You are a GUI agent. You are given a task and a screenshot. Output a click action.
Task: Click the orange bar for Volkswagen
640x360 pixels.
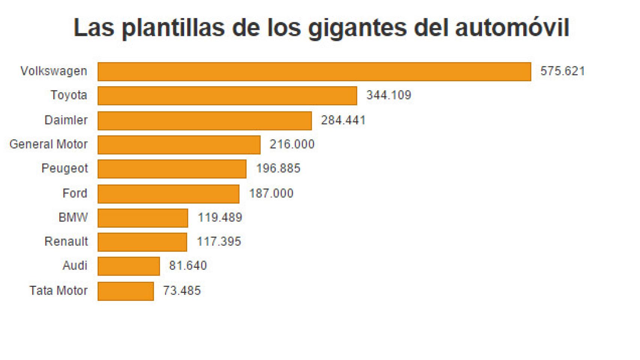tap(314, 72)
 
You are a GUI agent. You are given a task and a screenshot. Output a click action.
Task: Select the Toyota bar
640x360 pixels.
tap(227, 96)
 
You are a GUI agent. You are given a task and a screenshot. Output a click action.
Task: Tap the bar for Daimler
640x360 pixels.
tap(204, 121)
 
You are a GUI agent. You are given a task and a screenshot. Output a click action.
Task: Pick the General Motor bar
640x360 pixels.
tap(179, 145)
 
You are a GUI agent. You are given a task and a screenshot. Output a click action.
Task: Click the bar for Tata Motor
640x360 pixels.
tap(126, 291)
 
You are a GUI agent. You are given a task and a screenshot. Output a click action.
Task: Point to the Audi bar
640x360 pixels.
tap(129, 266)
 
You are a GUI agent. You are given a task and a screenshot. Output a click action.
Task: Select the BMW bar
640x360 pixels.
tap(143, 218)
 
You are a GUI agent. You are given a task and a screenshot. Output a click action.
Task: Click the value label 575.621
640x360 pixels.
tap(562, 71)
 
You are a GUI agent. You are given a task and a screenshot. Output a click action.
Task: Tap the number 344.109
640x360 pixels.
tap(389, 95)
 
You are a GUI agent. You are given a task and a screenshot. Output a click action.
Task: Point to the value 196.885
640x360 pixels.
tap(278, 168)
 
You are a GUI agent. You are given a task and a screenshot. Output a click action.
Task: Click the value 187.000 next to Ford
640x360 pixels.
tap(271, 193)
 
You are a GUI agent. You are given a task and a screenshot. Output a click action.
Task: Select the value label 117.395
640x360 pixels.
tap(219, 241)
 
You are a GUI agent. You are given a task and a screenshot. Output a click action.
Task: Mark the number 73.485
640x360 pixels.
tap(182, 291)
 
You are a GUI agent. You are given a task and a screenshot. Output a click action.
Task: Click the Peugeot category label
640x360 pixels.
tap(65, 168)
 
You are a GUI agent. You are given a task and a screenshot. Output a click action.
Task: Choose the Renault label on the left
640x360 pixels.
tap(66, 241)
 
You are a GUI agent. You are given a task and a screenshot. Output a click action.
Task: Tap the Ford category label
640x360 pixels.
tap(75, 193)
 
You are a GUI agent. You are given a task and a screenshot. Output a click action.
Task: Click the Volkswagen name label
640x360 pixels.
tap(54, 71)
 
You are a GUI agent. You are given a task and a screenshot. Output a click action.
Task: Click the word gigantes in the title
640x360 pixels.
tap(357, 28)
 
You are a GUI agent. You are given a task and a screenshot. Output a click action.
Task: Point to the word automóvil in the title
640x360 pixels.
tap(512, 28)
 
